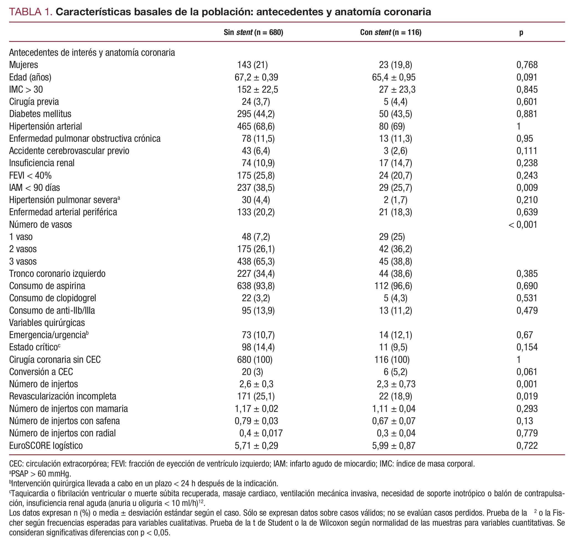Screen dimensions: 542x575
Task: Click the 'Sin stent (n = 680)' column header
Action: [253, 32]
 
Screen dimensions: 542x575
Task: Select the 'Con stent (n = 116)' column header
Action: [390, 32]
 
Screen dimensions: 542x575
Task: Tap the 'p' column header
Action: [521, 32]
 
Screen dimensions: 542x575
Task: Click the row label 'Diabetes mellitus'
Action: [40, 114]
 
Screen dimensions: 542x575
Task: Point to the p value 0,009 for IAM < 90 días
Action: [527, 188]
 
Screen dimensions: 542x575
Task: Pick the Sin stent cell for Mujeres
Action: [252, 65]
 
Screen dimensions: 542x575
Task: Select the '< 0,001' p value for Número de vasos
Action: [523, 224]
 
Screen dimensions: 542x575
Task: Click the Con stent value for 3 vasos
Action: [395, 262]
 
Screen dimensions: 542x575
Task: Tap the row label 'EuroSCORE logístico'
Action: [46, 445]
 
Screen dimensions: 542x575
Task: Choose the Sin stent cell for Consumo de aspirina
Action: [256, 286]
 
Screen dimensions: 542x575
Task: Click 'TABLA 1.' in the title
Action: [31, 12]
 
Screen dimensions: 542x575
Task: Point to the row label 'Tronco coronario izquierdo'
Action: [57, 273]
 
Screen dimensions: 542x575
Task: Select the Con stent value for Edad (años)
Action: [394, 77]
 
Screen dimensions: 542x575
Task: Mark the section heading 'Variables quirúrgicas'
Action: [47, 323]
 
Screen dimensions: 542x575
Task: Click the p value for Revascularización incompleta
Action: [527, 396]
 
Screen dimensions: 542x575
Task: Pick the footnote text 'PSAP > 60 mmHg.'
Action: [40, 474]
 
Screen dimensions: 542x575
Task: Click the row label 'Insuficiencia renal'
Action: [42, 163]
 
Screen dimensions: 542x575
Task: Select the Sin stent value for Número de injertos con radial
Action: [261, 433]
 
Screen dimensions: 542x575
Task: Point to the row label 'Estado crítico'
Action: [34, 347]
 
